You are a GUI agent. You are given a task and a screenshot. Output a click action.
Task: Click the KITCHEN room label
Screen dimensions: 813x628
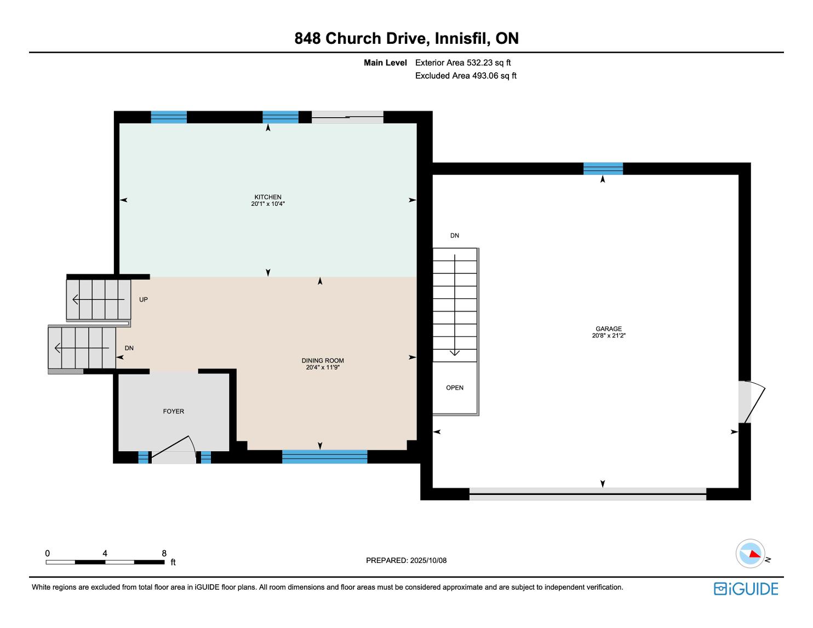click(268, 197)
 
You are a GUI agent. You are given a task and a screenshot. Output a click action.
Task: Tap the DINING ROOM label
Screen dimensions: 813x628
click(323, 361)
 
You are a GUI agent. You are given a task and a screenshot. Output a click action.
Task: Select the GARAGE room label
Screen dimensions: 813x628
click(609, 329)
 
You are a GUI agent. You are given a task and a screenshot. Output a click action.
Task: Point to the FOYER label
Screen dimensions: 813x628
click(174, 411)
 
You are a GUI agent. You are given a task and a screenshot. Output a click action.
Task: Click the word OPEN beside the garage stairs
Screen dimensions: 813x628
click(455, 388)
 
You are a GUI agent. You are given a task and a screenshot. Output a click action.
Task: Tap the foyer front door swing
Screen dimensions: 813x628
click(174, 447)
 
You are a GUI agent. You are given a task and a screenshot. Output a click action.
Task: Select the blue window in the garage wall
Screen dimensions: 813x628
click(603, 169)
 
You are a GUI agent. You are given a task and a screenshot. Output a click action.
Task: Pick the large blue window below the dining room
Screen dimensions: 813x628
click(325, 457)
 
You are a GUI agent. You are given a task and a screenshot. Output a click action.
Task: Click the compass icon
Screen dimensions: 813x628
click(750, 554)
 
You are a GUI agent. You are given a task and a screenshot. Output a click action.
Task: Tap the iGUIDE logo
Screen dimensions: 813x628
click(746, 589)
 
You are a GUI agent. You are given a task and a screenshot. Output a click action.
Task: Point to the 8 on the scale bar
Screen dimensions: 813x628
click(164, 553)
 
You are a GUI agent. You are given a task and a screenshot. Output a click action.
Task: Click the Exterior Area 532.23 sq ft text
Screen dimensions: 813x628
click(463, 63)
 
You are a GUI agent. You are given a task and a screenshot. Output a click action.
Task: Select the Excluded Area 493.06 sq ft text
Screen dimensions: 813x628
click(466, 76)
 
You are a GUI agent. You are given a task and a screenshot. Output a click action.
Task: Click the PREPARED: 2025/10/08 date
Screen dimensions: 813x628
click(406, 560)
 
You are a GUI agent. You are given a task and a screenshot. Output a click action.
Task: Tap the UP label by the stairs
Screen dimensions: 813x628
click(144, 299)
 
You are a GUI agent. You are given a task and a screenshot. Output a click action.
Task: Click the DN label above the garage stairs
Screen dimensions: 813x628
click(455, 235)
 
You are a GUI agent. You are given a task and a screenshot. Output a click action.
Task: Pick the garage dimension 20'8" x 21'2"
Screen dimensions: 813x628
click(609, 336)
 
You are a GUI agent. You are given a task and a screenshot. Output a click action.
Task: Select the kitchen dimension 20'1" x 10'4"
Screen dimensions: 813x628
click(268, 204)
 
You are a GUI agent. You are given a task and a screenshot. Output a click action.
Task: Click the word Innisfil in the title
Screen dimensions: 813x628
click(462, 38)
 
